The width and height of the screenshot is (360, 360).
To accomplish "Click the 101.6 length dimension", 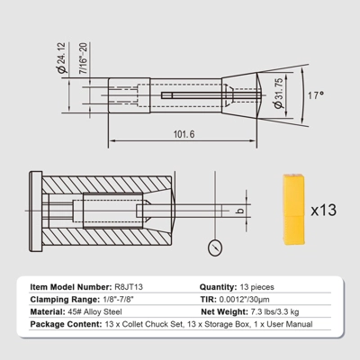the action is pos(184,134).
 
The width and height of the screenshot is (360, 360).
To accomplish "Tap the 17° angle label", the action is pos(316,95).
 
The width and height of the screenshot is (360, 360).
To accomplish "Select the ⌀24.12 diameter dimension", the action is pos(61,58).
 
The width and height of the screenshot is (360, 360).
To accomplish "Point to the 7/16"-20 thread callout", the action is pos(84,58).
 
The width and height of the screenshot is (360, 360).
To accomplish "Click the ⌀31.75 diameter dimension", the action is pos(278,94).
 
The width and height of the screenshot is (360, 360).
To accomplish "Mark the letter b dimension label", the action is pos(240,211).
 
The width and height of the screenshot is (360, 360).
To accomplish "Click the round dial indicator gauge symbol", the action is pos(215,247).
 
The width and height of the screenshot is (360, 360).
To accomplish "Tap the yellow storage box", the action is pos(293,210).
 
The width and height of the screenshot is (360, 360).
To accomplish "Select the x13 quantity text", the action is pos(324,210).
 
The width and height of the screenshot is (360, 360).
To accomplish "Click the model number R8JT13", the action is pos(129,287).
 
